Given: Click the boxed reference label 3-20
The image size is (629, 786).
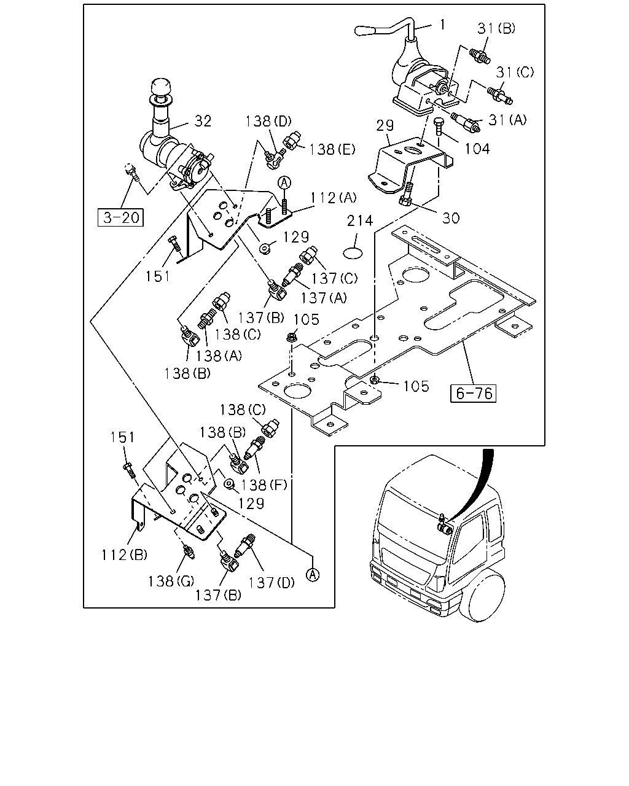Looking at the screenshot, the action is pos(120,217).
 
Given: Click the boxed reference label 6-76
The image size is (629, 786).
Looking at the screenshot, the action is pos(474,394).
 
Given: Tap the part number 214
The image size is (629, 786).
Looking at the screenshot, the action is pos(360,220).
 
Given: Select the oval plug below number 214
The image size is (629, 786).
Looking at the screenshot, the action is pos(353,254).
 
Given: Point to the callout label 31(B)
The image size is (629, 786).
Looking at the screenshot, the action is pos(496,28).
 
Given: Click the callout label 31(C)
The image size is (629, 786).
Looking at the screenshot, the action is pos(515,72).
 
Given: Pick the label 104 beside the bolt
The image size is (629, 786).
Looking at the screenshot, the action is pos(477,149).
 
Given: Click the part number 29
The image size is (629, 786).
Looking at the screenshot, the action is pos(385,126).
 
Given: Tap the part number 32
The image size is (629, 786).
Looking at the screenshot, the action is pos(203,121).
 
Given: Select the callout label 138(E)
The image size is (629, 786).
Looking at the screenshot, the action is pos(332,149).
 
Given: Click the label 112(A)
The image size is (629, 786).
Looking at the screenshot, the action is pos(334,198).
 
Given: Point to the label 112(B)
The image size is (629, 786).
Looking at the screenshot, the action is pos(124,555).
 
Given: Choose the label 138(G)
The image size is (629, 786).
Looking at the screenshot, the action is pos(171,581).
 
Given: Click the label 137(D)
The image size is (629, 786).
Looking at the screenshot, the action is pos(272,583).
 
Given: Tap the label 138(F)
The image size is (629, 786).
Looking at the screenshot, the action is pos(264,485).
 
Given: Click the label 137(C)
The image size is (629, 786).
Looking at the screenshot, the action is pos(334,279).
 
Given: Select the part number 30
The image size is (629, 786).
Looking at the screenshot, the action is pos(451,218).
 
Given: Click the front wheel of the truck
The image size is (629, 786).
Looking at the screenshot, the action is pos(486,597).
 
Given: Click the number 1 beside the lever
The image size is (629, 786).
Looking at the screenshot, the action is pos(443,25).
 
